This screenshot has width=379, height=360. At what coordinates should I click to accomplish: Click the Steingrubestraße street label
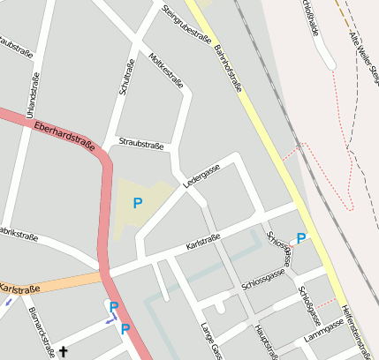pos(187,24)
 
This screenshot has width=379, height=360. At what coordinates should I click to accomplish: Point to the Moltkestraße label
pos(167,70)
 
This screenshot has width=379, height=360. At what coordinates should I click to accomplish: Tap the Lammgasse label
pos(322,330)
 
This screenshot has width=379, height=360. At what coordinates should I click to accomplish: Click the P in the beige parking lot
pos(137,203)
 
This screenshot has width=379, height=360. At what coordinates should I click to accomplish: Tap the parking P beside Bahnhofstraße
pos(301,238)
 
